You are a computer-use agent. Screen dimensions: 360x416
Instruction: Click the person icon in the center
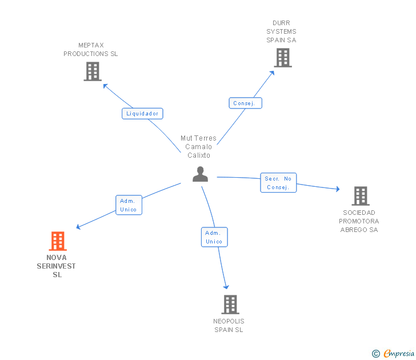(200, 174)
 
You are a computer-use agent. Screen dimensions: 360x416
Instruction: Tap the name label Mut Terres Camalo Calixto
(198, 147)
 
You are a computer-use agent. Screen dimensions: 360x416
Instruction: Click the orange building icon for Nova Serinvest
(57, 241)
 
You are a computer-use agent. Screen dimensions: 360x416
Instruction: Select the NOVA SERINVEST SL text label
(57, 266)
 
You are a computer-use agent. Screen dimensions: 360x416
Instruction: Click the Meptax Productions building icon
(93, 71)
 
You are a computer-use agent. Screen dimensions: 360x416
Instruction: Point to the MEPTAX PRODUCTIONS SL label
(90, 50)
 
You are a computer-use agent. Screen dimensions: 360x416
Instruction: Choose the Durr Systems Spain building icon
(282, 58)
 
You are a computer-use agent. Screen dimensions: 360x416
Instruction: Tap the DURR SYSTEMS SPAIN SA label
(281, 32)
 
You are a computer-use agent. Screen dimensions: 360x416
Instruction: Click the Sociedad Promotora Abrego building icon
(360, 196)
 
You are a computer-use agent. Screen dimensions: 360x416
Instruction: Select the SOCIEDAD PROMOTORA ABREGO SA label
(359, 221)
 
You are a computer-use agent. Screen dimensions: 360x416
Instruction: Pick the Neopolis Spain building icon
(230, 305)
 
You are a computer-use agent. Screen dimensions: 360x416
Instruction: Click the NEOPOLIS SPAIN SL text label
(229, 325)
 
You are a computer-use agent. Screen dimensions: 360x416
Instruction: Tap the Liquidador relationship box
(142, 114)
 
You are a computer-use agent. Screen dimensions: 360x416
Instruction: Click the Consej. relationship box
(246, 103)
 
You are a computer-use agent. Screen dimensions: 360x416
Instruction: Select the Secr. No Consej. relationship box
(278, 183)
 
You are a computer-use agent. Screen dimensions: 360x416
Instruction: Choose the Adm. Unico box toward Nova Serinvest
(129, 205)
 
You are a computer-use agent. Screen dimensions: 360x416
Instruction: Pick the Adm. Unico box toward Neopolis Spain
(214, 237)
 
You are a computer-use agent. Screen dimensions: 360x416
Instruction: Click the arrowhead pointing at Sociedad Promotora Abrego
(338, 189)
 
